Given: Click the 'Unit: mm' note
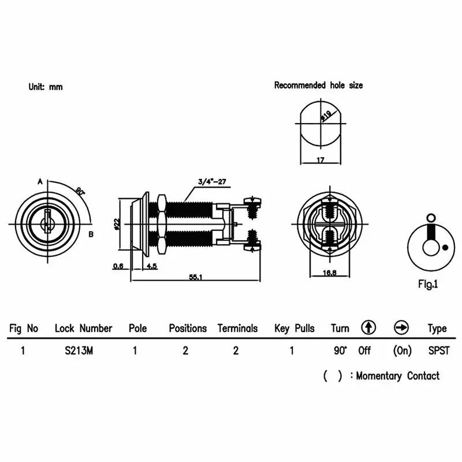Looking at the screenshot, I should pyautogui.click(x=46, y=87).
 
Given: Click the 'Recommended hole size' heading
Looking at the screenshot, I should pyautogui.click(x=318, y=85).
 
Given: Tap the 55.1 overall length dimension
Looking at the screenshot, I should pyautogui.click(x=195, y=277).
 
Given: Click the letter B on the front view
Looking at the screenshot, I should pyautogui.click(x=91, y=234).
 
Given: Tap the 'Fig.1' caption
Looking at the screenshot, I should pyautogui.click(x=428, y=284).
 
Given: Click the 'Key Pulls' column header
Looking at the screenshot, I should pyautogui.click(x=295, y=328).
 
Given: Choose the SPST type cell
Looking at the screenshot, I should pyautogui.click(x=437, y=350).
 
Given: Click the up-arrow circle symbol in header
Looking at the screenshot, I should pyautogui.click(x=368, y=327).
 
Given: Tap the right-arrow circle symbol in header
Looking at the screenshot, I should pyautogui.click(x=401, y=327).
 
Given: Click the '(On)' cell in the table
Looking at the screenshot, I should pyautogui.click(x=402, y=350).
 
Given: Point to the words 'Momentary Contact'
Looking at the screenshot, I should pyautogui.click(x=397, y=376).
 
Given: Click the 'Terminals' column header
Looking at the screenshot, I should pyautogui.click(x=237, y=328).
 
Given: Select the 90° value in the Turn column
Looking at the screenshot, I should pyautogui.click(x=340, y=350).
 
